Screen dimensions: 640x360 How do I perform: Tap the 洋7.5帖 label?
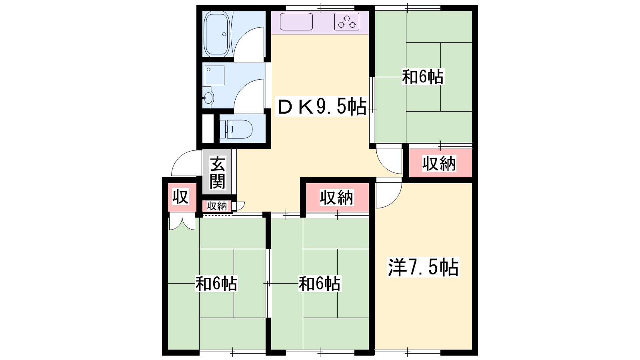click(423, 267)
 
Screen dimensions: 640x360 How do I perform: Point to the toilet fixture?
click(236, 129)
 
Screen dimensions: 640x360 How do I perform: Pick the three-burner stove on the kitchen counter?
click(346, 22)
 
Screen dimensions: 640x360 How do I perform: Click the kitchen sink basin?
click(296, 22)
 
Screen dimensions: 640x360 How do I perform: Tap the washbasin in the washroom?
click(208, 98)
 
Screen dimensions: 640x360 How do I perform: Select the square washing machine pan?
click(214, 76)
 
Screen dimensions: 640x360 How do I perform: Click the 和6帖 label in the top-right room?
click(423, 76)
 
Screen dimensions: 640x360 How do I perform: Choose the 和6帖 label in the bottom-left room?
click(216, 284)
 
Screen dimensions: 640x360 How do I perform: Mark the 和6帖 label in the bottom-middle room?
click(320, 284)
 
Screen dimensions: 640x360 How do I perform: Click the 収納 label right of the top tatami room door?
click(439, 164)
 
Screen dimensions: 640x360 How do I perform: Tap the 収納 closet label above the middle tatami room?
click(336, 198)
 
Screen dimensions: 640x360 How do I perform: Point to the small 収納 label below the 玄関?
click(217, 206)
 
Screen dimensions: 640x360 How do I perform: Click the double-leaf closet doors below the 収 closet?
click(182, 224)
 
